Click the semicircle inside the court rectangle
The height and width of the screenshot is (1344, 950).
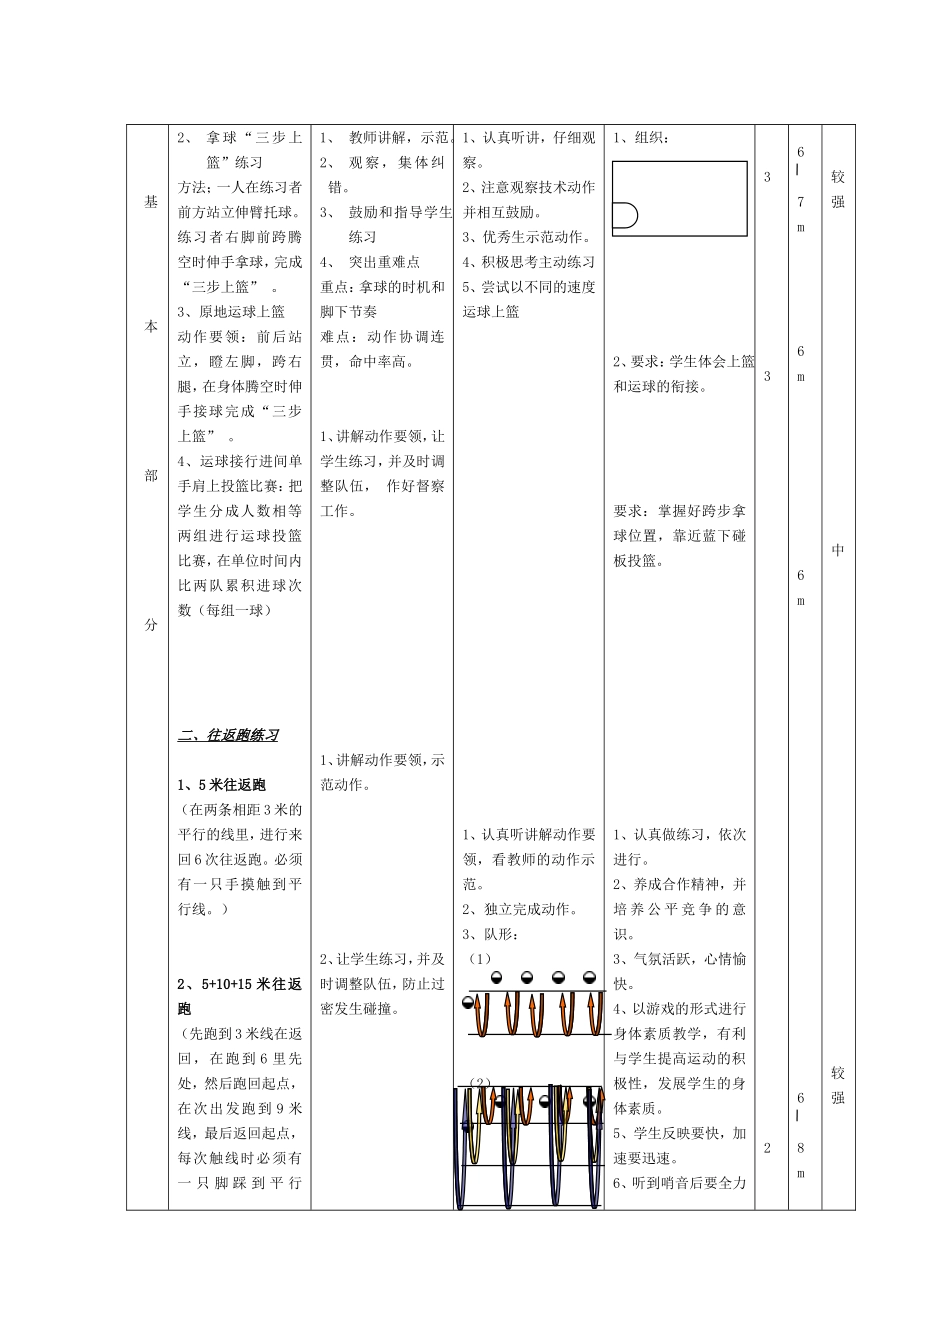pos(626,216)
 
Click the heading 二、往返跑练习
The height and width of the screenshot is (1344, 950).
pos(228,735)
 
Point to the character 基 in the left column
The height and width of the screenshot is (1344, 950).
pos(151,202)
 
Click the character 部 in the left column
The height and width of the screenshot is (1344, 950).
pos(151,476)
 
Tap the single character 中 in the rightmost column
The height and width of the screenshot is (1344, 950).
pos(838,551)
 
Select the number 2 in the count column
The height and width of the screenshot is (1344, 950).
pos(767,1148)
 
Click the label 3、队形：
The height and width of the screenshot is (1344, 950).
pos(491,934)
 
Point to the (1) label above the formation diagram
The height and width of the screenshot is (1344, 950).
pos(481,959)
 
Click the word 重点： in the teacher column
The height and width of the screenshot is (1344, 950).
pos(340,287)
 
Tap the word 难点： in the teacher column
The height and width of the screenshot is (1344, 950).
pos(340,337)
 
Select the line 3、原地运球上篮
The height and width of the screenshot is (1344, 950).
pos(231,312)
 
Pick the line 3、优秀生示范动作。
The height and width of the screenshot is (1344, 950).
pos(527,237)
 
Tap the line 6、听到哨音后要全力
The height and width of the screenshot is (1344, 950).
pos(680,1183)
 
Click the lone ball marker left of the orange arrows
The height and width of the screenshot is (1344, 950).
pos(468,1003)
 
